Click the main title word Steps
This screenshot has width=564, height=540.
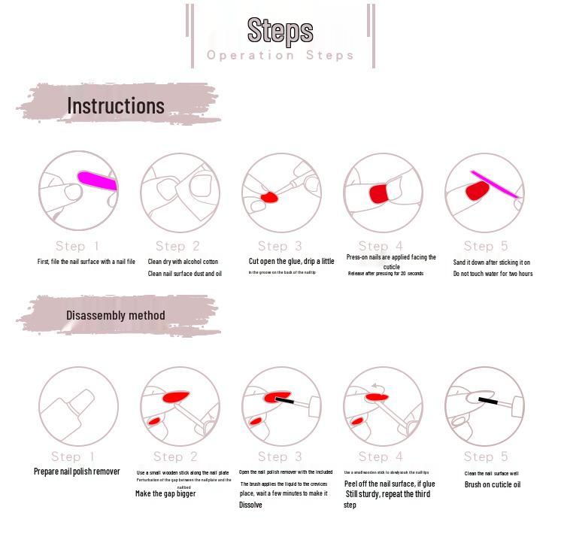280,30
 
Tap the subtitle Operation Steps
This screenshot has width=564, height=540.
280,55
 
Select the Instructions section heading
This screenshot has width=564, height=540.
116,105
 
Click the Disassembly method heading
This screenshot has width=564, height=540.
115,315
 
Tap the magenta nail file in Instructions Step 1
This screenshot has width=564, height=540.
98,181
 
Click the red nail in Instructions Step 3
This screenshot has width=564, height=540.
269,197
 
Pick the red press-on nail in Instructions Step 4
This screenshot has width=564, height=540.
380,193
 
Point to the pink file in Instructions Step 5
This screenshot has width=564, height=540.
494,184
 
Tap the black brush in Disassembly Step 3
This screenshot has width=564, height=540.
284,400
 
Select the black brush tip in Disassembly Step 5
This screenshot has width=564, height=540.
487,401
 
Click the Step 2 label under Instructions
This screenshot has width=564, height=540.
177,246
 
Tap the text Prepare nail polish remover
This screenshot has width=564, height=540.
77,472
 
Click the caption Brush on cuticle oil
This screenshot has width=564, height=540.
493,484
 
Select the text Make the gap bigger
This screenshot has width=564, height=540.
165,493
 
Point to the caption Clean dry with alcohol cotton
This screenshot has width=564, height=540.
183,262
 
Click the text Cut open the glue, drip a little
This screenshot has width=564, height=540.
292,261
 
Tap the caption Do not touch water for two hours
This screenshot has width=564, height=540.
493,274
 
